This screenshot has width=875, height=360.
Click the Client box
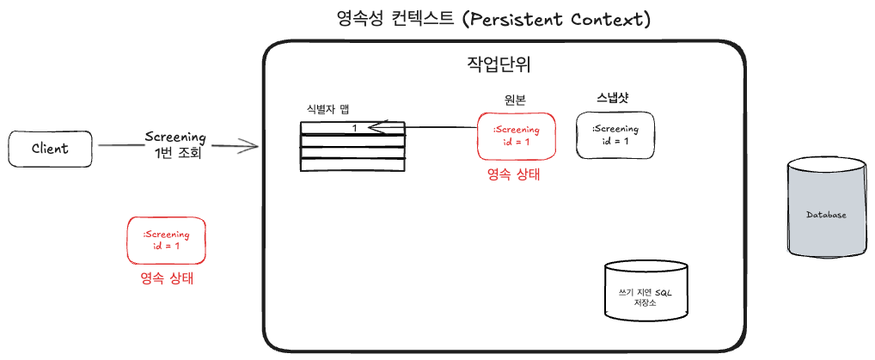(x=50, y=149)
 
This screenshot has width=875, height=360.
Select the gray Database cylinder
(x=827, y=208)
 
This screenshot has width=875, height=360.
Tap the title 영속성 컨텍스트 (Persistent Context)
(x=494, y=20)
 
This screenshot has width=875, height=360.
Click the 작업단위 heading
(x=499, y=65)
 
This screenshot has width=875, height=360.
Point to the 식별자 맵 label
(x=327, y=109)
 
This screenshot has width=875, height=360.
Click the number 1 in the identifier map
(x=354, y=128)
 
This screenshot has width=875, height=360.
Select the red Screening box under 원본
(x=517, y=136)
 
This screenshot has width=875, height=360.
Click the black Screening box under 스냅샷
(x=615, y=135)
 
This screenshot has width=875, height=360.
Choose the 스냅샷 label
(x=612, y=98)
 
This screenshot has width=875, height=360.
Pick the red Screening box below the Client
(x=166, y=240)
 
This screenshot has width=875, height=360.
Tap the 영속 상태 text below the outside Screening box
(x=167, y=278)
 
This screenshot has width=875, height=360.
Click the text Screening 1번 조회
(x=175, y=145)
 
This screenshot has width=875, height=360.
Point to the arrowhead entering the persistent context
(x=252, y=146)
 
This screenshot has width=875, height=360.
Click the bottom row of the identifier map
(x=352, y=165)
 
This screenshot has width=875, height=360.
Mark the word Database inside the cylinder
(x=827, y=215)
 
